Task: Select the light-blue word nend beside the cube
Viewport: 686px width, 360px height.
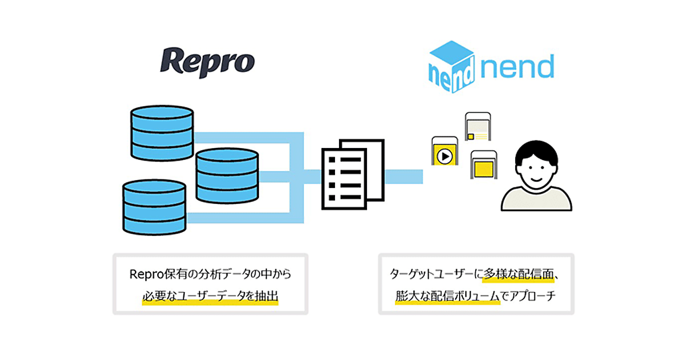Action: point(517,67)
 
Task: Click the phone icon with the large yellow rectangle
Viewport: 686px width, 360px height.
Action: point(483,165)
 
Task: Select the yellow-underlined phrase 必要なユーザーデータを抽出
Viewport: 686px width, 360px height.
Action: point(210,297)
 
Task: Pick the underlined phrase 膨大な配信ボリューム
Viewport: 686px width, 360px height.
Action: point(447,297)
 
